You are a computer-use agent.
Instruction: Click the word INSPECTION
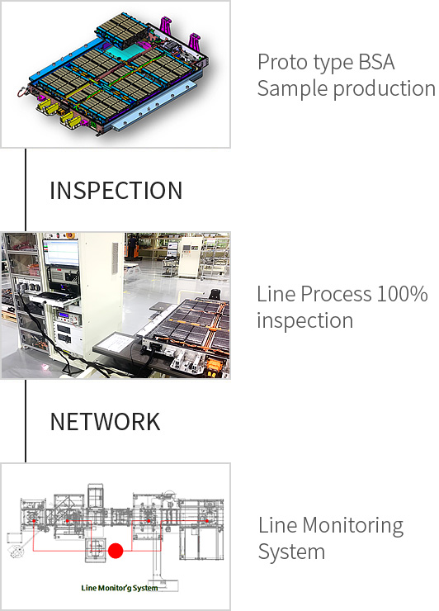click(x=116, y=191)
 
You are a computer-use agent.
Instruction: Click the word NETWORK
click(x=105, y=422)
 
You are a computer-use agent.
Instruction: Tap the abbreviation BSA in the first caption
click(x=376, y=63)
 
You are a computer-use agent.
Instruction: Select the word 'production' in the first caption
click(x=384, y=89)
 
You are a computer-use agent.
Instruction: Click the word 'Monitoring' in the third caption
click(x=352, y=526)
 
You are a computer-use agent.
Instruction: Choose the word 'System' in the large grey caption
click(x=291, y=552)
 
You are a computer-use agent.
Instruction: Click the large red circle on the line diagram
click(x=116, y=551)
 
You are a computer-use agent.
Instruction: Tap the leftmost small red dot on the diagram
click(x=34, y=521)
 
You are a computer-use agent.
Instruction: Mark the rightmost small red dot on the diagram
click(x=207, y=521)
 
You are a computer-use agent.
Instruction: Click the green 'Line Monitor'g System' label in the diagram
click(x=119, y=588)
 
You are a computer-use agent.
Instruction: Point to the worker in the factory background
click(x=133, y=245)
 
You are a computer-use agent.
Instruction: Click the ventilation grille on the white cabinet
click(x=115, y=258)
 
